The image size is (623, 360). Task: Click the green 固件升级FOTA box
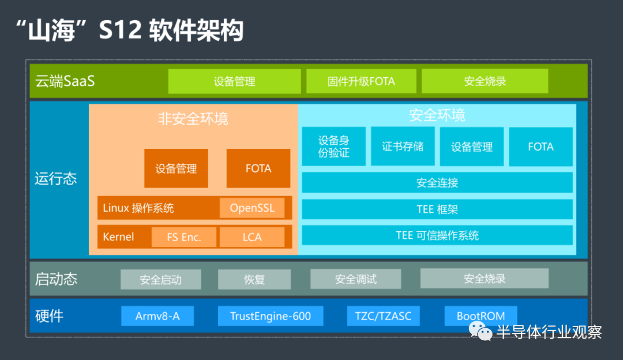(x=361, y=81)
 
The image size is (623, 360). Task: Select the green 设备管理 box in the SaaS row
(x=234, y=81)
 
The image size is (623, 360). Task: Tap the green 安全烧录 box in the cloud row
(x=485, y=81)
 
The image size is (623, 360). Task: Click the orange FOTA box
(x=258, y=168)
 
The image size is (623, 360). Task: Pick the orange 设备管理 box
(x=176, y=168)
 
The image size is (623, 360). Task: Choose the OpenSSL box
(x=252, y=208)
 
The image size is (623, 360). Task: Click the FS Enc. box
(x=184, y=237)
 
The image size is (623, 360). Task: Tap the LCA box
(x=252, y=237)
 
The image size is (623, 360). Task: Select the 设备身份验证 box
(x=334, y=146)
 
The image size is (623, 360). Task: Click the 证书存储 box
(x=403, y=146)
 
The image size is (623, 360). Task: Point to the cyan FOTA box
(x=541, y=146)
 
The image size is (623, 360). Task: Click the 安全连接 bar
(x=437, y=182)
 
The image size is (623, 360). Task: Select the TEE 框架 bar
(x=437, y=209)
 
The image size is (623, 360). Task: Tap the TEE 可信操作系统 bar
(x=437, y=235)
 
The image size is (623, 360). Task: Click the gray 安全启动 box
(x=160, y=279)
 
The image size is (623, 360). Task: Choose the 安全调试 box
(x=355, y=279)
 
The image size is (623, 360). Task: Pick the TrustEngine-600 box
(x=271, y=316)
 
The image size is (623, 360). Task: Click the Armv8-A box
(x=157, y=316)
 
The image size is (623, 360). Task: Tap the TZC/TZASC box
(x=383, y=316)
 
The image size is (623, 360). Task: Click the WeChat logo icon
(x=481, y=331)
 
